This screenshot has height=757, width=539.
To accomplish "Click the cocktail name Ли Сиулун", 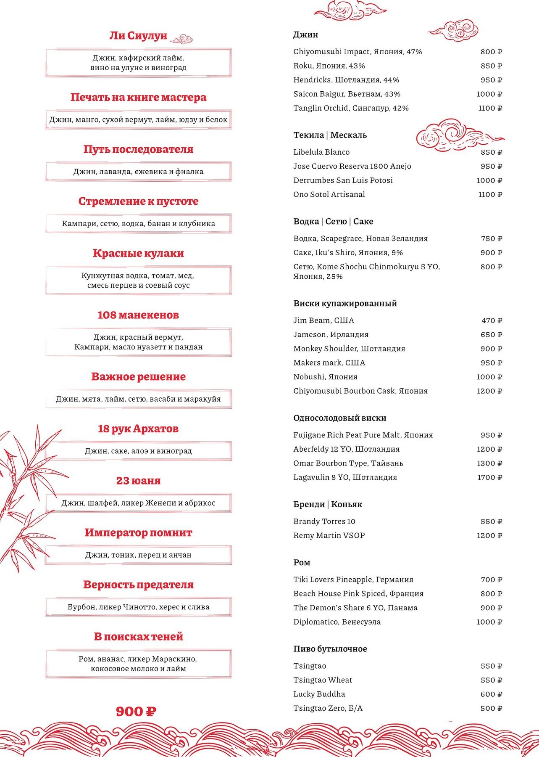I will pos(138,36).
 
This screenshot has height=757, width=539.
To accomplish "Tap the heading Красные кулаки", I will pos(138,254).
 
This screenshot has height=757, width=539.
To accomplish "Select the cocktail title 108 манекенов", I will pos(138,315).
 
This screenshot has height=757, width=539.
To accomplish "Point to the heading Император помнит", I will pos(138,533).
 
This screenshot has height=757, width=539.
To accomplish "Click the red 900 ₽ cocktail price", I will pos(136,712).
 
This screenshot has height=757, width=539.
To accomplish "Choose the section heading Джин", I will pos(305,34).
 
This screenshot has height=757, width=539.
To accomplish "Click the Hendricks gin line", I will pos(346,80).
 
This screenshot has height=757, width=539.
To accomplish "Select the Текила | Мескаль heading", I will pos(330,135).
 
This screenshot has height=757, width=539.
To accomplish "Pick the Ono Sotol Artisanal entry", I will pos(329,194).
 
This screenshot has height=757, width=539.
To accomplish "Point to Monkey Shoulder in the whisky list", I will pos(349,349).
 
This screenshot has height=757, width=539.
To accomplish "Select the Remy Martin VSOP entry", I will pos(329,535).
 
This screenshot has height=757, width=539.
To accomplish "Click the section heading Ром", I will pos(302,562).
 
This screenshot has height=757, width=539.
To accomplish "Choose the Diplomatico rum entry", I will pos(337,622).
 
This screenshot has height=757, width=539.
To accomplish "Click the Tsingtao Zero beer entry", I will pos(328,708).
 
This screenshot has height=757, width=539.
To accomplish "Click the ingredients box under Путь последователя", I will pos(138,172).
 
